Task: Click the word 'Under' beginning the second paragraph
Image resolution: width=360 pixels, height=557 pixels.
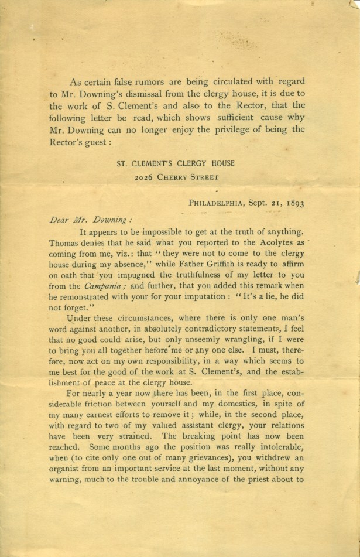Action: click(x=80, y=319)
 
